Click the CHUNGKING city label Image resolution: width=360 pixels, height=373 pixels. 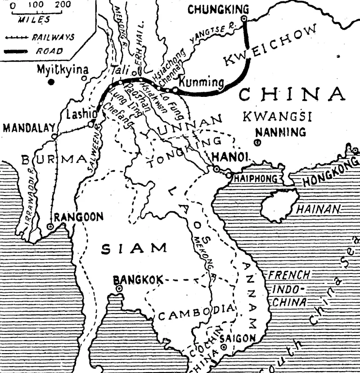click(x=218, y=9)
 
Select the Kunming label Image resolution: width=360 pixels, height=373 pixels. click(x=201, y=82)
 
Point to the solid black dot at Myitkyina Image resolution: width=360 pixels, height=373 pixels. click(x=52, y=82)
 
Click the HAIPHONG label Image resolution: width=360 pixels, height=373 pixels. click(x=255, y=179)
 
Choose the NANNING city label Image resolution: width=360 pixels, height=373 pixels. click(x=280, y=132)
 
